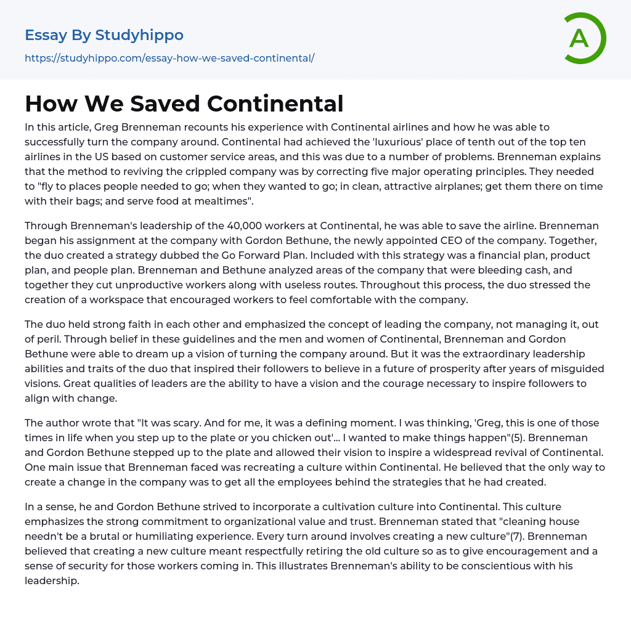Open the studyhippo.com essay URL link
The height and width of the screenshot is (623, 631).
(x=169, y=58)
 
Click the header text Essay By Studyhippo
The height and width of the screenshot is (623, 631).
(x=104, y=35)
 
